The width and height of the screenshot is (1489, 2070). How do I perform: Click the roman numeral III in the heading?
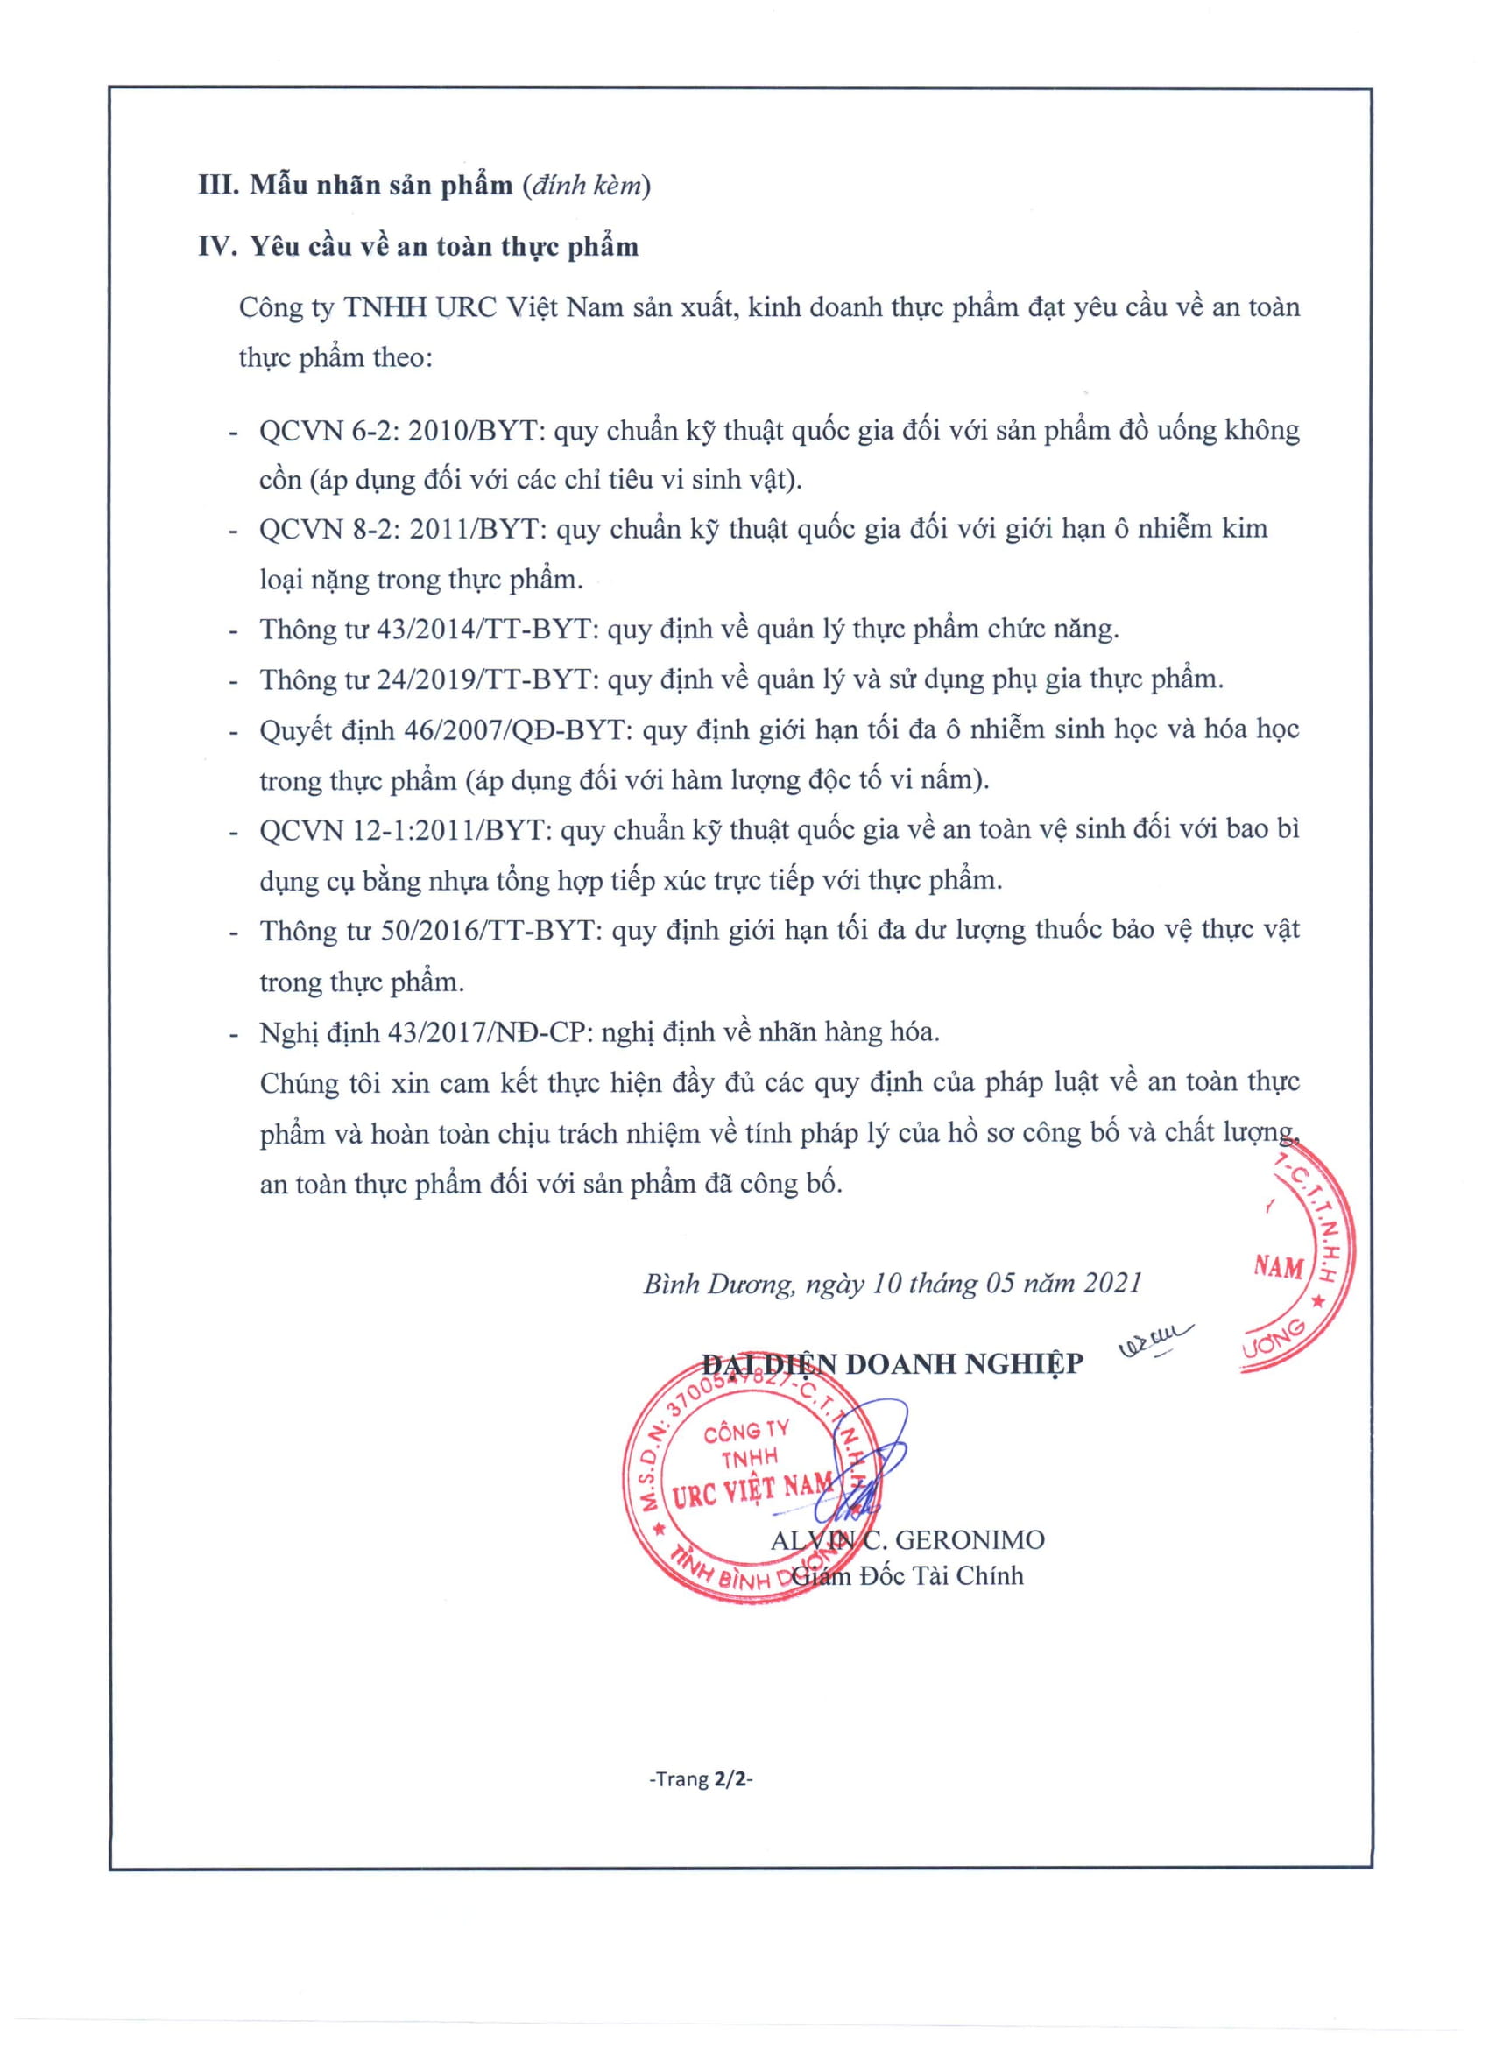point(218,186)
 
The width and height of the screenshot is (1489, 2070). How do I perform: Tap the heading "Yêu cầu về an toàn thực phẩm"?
point(444,246)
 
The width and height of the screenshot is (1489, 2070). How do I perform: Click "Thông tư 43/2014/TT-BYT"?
point(429,629)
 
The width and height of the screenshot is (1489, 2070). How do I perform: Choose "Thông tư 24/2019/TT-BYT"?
point(429,679)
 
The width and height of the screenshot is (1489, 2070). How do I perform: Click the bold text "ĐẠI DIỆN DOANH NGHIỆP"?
point(892,1363)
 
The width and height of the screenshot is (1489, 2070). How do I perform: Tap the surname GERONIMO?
point(970,1539)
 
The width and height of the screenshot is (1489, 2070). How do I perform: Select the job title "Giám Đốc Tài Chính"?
point(907,1575)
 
